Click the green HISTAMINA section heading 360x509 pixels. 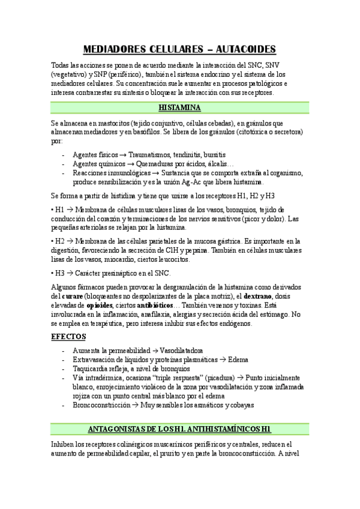[179, 107]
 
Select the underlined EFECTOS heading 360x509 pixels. [68, 336]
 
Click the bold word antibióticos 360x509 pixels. [157, 306]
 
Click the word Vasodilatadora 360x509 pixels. [178, 350]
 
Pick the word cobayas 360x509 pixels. [239, 405]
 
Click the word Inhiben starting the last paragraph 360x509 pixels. [65, 445]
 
